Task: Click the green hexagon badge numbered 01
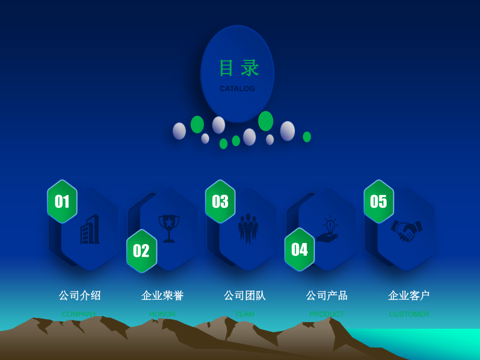point(62,201)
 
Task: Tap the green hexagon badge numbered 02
point(141,251)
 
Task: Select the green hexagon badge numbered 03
point(220,201)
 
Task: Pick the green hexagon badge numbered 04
point(299,249)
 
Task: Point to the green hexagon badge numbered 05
point(379,201)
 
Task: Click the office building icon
point(90,230)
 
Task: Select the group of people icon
point(248,229)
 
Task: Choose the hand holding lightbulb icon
point(328,230)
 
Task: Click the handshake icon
point(407,230)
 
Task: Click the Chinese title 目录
point(238,68)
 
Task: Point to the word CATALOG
point(237,89)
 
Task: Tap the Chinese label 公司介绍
point(79,295)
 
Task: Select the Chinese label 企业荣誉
point(162,295)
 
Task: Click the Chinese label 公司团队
point(245,295)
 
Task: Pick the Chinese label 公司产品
point(327,295)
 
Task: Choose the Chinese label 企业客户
point(409,295)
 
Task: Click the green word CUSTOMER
point(409,314)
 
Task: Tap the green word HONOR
point(162,314)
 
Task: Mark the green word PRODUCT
point(327,314)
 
